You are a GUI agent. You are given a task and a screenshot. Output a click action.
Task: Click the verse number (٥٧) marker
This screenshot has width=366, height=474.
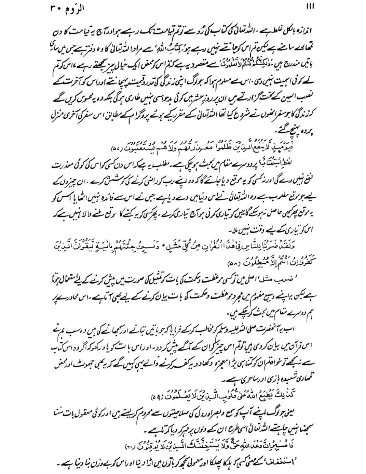click(117, 150)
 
